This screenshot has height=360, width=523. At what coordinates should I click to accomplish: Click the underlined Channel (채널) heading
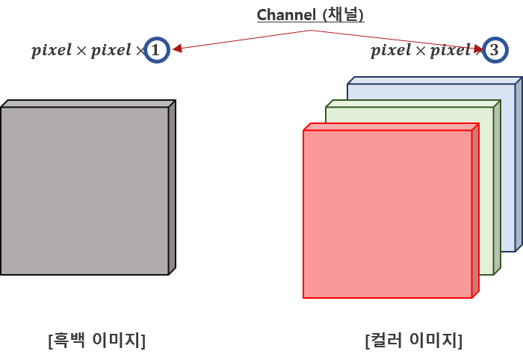tap(310, 15)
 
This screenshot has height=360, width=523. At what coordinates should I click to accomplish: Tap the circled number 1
tap(155, 50)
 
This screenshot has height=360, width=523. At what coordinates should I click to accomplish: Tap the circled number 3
tap(494, 50)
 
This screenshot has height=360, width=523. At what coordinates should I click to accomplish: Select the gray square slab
tap(84, 190)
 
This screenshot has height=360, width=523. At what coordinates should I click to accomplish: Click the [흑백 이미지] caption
tap(96, 341)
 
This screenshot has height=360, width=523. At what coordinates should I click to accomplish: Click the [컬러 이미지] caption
tap(414, 341)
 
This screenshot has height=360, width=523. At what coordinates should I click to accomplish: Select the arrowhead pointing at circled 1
tap(176, 49)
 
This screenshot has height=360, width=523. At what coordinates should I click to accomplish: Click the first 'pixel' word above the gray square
tap(48, 51)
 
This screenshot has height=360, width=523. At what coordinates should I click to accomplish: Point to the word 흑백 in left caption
tap(69, 341)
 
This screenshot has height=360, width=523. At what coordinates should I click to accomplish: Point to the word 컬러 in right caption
tap(386, 341)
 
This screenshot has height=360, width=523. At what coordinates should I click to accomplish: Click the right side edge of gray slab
tap(172, 188)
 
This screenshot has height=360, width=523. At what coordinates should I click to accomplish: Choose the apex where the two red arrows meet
tap(313, 31)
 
